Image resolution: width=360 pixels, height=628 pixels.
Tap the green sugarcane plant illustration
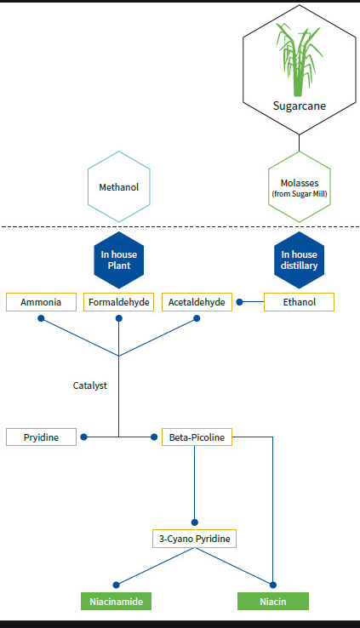pyautogui.click(x=299, y=60)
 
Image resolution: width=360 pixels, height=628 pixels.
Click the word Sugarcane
pyautogui.click(x=299, y=106)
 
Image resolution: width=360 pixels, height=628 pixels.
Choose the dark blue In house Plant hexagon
pyautogui.click(x=119, y=260)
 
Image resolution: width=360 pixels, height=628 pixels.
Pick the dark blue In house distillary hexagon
pyautogui.click(x=299, y=260)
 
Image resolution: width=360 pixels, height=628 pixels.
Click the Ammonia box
pyautogui.click(x=41, y=302)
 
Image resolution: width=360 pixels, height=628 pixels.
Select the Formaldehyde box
pyautogui.click(x=119, y=302)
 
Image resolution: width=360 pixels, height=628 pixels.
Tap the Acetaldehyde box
pyautogui.click(x=197, y=302)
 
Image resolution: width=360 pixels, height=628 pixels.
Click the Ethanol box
pyautogui.click(x=299, y=302)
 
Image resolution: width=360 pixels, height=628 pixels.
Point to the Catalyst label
pyautogui.click(x=90, y=385)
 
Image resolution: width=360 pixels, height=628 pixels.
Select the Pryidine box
pyautogui.click(x=41, y=437)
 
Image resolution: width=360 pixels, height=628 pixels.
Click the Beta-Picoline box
pyautogui.click(x=197, y=437)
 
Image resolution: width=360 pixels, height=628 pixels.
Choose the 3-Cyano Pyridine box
pyautogui.click(x=195, y=539)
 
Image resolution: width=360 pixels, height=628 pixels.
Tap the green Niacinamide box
pyautogui.click(x=116, y=601)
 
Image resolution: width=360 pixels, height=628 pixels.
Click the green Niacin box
pyautogui.click(x=273, y=601)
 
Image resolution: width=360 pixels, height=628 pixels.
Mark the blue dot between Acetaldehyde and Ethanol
pyautogui.click(x=239, y=302)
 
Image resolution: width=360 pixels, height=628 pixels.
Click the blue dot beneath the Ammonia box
pyautogui.click(x=41, y=318)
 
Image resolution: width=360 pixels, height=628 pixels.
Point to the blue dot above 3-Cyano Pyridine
pyautogui.click(x=195, y=522)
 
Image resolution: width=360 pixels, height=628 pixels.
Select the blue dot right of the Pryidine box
pyautogui.click(x=83, y=437)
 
